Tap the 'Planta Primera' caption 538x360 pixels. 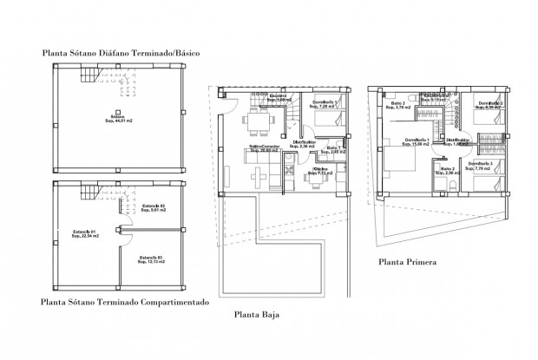(407, 259)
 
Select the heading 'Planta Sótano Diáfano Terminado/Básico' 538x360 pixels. (121, 54)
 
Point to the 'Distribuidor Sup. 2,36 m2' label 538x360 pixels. (304, 144)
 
